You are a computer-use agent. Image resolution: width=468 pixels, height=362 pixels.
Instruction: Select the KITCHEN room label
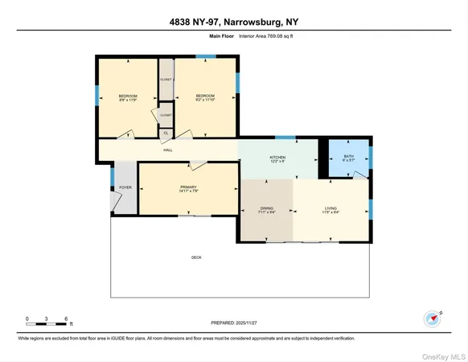(x=277, y=158)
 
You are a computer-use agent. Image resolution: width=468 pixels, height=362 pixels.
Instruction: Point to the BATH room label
(x=348, y=156)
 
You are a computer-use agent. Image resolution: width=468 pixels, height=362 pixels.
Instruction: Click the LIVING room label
(x=330, y=208)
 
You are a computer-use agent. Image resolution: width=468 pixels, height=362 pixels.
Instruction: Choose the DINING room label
(x=266, y=208)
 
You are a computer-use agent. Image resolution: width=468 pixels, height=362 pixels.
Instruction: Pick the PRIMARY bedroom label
(x=188, y=187)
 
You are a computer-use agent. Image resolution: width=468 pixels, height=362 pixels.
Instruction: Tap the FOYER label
(x=125, y=187)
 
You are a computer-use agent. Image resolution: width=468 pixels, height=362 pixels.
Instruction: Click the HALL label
(x=168, y=150)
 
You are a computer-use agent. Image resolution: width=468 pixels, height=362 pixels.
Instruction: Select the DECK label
(x=196, y=257)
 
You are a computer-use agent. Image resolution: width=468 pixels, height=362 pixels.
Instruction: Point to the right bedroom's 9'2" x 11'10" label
(x=206, y=101)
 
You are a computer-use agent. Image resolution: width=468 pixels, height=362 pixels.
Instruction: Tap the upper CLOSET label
(x=166, y=80)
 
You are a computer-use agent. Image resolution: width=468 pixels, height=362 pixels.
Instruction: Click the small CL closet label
(x=166, y=132)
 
